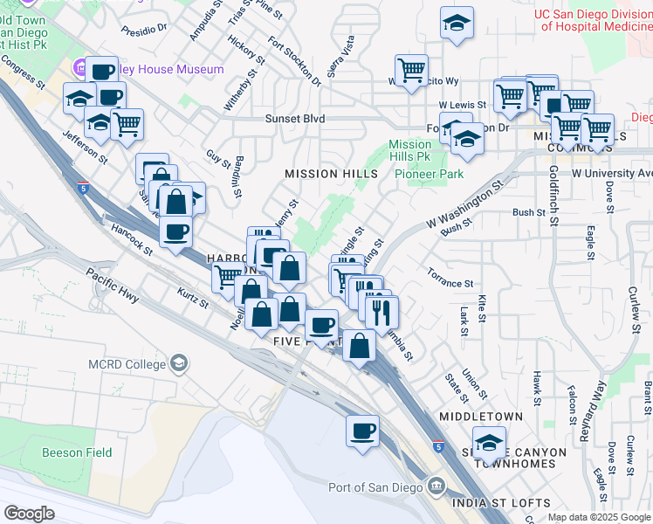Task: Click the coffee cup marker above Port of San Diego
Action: coord(362,431)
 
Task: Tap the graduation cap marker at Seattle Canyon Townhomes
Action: coord(489,444)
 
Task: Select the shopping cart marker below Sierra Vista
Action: coord(410,70)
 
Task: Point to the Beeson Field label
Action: coord(77,452)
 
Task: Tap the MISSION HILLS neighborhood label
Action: coord(331,174)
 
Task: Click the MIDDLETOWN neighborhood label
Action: coord(481,417)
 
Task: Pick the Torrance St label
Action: coord(450,284)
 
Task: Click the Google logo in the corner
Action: coord(29,514)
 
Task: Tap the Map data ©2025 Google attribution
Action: coord(598,517)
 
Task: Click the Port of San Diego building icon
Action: coord(436,486)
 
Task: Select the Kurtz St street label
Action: coord(193,299)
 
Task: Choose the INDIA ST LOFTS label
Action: coord(501,503)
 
